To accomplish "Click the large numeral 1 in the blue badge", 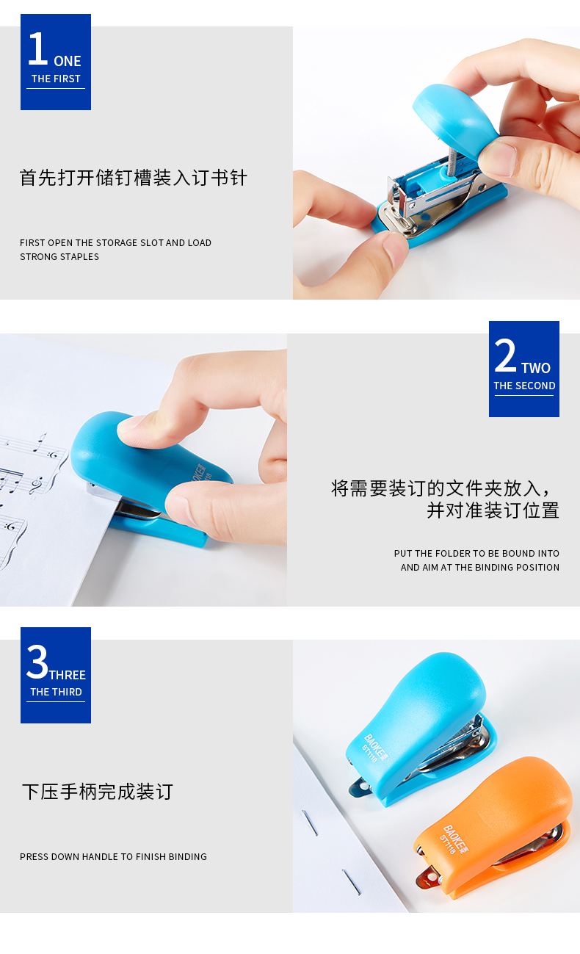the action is pyautogui.click(x=38, y=49).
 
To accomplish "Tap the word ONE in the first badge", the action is pyautogui.click(x=68, y=62).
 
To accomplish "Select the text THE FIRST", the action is pyautogui.click(x=56, y=79).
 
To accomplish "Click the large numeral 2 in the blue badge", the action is pyautogui.click(x=505, y=355).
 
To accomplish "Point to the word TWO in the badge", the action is pyautogui.click(x=536, y=368).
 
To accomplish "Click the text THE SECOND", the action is pyautogui.click(x=524, y=386).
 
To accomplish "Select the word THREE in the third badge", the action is pyautogui.click(x=68, y=675).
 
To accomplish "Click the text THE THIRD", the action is pyautogui.click(x=56, y=692).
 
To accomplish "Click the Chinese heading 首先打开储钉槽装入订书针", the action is pyautogui.click(x=134, y=178).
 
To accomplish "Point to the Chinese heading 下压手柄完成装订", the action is pyautogui.click(x=98, y=792).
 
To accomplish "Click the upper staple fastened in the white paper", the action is pyautogui.click(x=310, y=823).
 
